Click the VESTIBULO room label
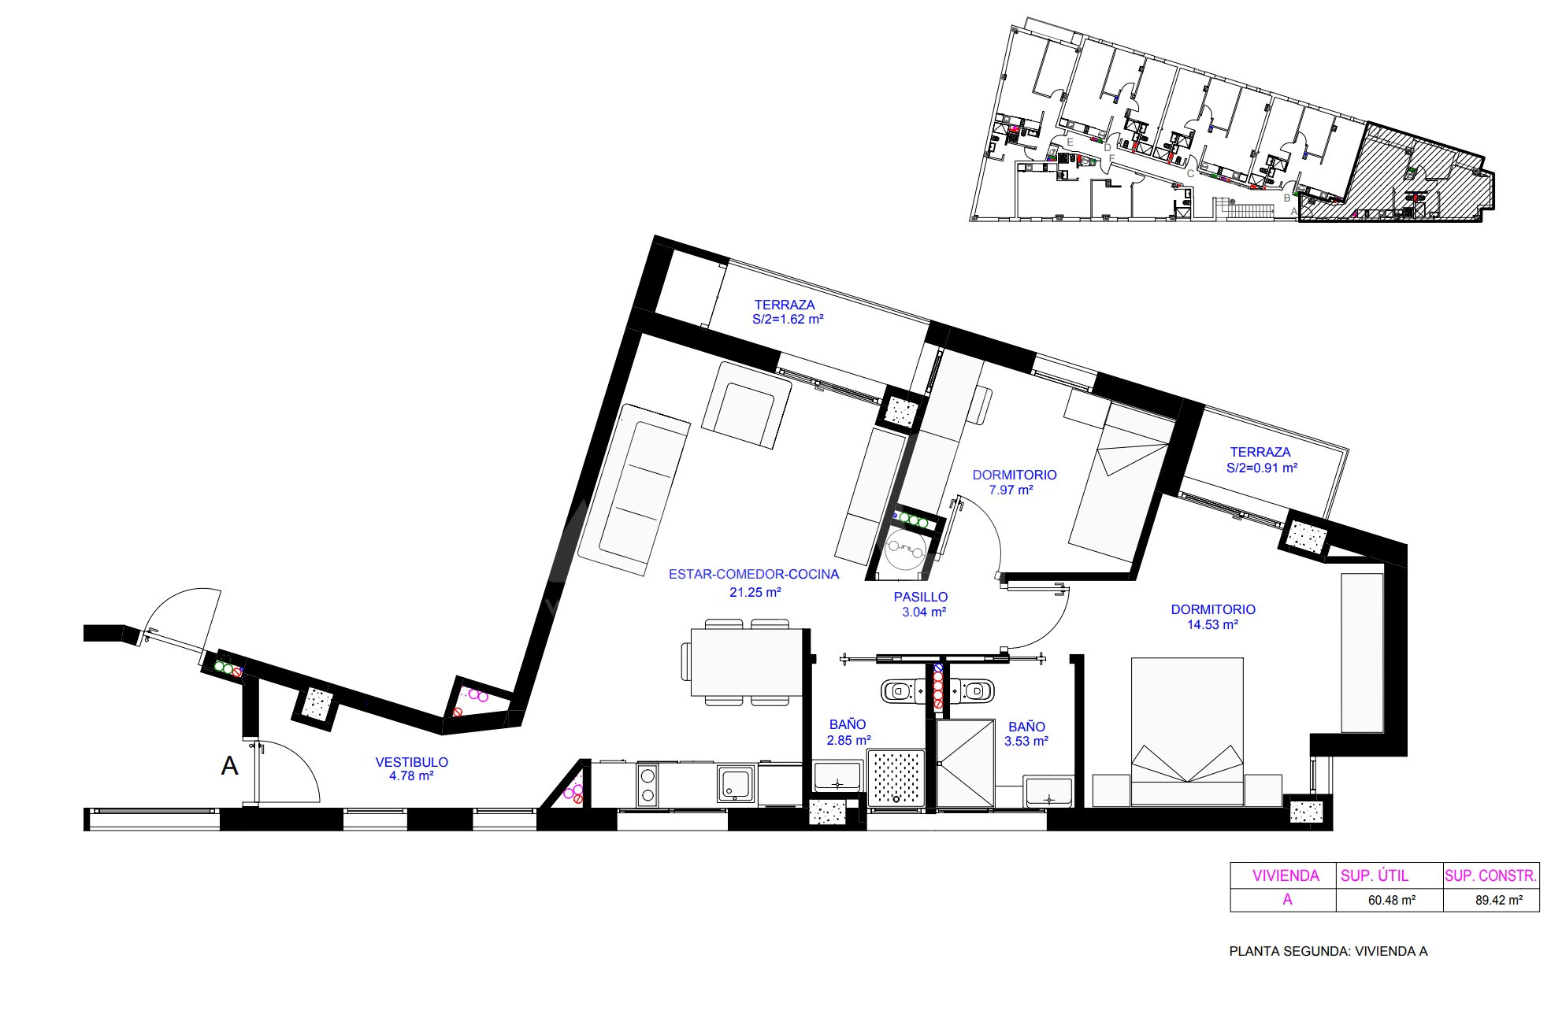411,762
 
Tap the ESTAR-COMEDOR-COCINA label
754,575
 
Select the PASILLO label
921,597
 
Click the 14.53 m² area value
1212,625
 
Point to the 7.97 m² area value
1011,490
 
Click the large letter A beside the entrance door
229,766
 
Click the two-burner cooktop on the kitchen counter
648,785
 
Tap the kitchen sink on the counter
737,784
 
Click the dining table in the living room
747,661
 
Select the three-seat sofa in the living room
634,488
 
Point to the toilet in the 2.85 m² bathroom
899,691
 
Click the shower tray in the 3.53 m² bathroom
965,764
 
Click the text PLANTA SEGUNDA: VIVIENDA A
1329,951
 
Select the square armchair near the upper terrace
746,405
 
